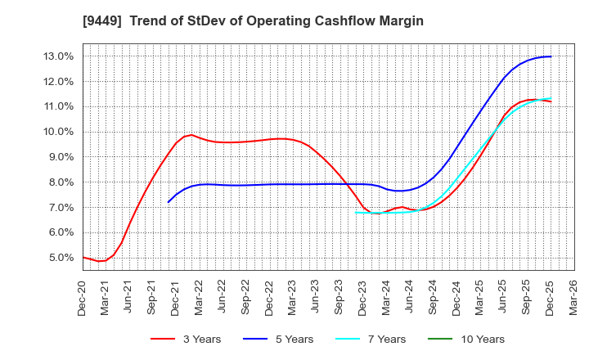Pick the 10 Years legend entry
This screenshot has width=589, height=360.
(x=480, y=339)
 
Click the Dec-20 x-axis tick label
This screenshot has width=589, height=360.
(x=83, y=296)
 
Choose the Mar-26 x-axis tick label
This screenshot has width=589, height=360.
(x=573, y=296)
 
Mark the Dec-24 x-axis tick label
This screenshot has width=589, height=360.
(x=456, y=296)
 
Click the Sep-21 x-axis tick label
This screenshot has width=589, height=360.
(x=153, y=296)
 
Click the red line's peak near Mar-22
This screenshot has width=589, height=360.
(x=191, y=135)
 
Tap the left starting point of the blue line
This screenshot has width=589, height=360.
(x=169, y=201)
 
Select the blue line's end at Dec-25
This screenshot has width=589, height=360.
(x=551, y=56)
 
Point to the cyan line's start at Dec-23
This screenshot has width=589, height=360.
(x=356, y=212)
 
